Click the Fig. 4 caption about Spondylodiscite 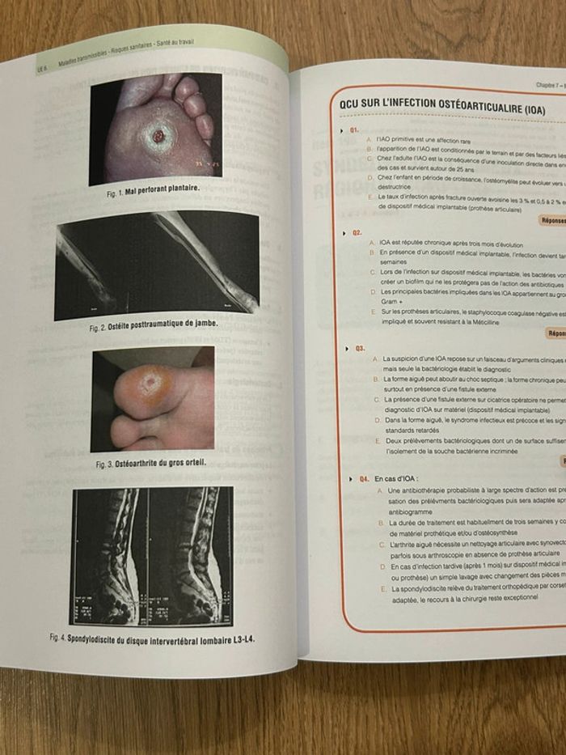click(x=154, y=639)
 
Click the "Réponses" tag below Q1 click(x=551, y=219)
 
